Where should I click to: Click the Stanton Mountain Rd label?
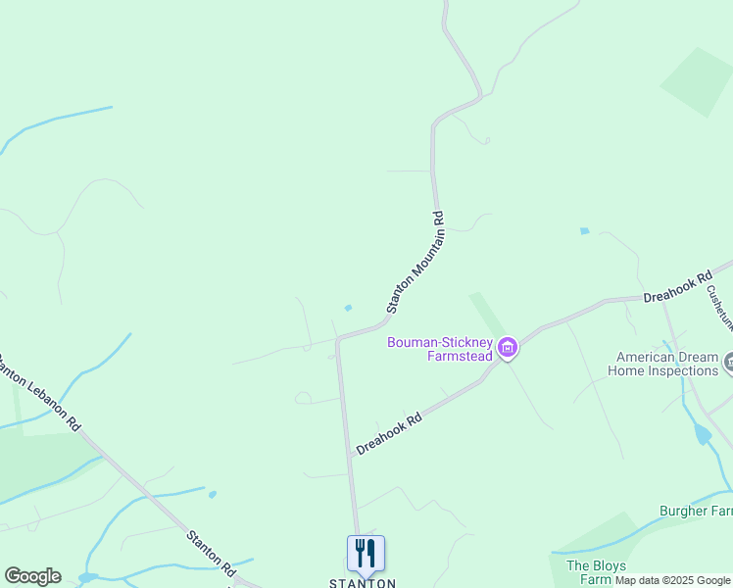(x=415, y=262)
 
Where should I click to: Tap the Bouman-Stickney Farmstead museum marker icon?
(x=507, y=348)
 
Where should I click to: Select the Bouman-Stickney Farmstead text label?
(x=439, y=349)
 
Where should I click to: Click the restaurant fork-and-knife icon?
(x=366, y=553)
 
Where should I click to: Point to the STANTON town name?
(x=362, y=583)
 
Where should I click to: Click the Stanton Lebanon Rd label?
(x=39, y=392)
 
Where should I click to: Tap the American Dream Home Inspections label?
(x=663, y=365)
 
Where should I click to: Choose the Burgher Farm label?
(x=696, y=511)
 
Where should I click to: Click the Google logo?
(x=32, y=576)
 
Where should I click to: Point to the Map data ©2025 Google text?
(x=673, y=581)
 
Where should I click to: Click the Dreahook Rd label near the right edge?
(x=677, y=287)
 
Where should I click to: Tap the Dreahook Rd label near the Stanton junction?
(x=389, y=431)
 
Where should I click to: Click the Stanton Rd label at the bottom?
(x=212, y=553)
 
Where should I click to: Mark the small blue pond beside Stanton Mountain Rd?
(x=348, y=308)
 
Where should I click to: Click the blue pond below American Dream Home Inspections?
(x=702, y=433)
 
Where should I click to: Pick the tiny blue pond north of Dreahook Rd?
(x=585, y=231)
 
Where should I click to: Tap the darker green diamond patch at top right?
(x=697, y=81)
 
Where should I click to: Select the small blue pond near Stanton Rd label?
(x=213, y=495)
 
